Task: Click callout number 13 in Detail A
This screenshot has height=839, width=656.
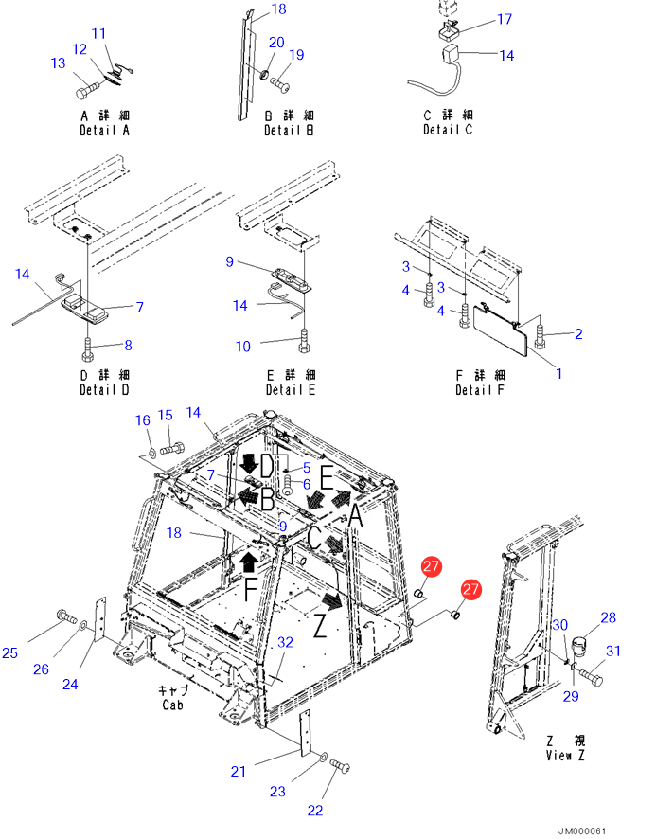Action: (x=58, y=63)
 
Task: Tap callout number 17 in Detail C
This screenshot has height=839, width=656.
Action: (x=504, y=19)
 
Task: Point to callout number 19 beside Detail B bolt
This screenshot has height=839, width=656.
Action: (x=296, y=55)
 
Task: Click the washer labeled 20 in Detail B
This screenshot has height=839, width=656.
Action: (x=268, y=75)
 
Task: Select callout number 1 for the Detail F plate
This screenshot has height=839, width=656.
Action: (x=558, y=373)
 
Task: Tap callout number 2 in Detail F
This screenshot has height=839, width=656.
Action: (x=577, y=333)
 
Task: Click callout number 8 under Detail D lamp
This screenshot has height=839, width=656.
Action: (x=129, y=345)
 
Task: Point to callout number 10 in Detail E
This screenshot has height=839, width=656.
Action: (x=243, y=347)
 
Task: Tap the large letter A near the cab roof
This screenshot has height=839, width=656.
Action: (x=354, y=515)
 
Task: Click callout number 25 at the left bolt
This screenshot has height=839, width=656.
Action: (x=9, y=652)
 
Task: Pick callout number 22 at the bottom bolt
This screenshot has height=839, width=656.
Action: (x=315, y=811)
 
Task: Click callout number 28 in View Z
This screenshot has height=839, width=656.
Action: (x=608, y=617)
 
